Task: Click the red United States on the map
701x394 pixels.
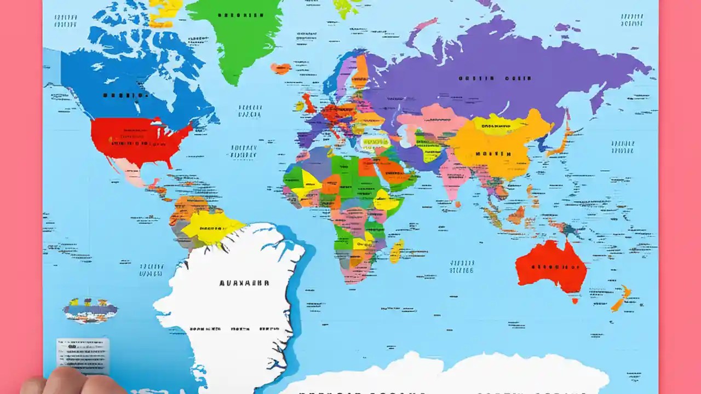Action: coord(137,140)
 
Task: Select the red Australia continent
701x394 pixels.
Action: coord(550,265)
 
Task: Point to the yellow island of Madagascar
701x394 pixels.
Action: coord(397,251)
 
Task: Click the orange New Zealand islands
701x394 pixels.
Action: coord(621,299)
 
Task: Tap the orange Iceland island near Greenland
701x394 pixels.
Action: coord(280,68)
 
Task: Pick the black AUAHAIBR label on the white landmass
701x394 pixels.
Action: coord(244,283)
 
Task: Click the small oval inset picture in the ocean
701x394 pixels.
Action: coord(90,310)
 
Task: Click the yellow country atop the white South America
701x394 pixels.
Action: coord(211,228)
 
